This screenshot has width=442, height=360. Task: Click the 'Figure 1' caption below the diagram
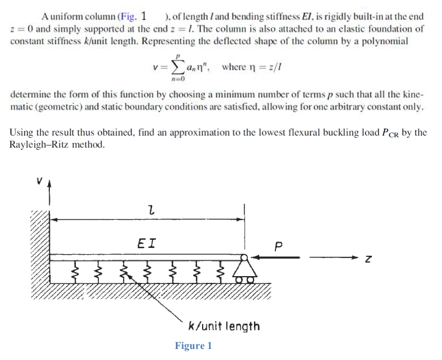(x=194, y=346)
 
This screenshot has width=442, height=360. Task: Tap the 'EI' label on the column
(x=146, y=243)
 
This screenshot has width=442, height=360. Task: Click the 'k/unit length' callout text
(x=224, y=326)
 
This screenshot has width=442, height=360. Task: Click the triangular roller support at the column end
(x=244, y=270)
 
